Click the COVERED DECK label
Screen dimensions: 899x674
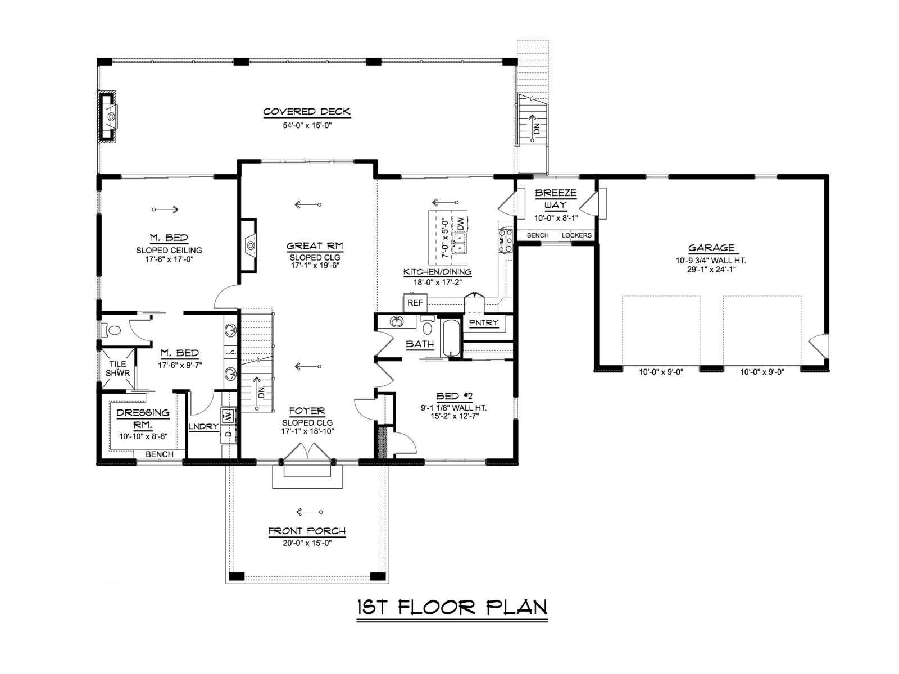pyautogui.click(x=307, y=111)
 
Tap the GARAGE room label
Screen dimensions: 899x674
pyautogui.click(x=711, y=248)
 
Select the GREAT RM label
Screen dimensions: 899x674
pyautogui.click(x=315, y=246)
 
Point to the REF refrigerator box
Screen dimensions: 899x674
pyautogui.click(x=415, y=303)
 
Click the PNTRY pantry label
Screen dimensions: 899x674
pyautogui.click(x=484, y=323)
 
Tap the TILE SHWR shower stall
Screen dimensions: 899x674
pyautogui.click(x=118, y=368)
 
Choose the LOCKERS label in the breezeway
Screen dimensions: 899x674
pyautogui.click(x=576, y=235)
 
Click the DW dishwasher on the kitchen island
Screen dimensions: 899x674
pyautogui.click(x=460, y=224)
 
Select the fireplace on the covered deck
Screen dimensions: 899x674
pyautogui.click(x=107, y=117)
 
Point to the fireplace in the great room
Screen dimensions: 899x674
pyautogui.click(x=248, y=245)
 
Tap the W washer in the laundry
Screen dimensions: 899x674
pyautogui.click(x=228, y=417)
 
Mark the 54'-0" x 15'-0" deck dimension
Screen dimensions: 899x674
pyautogui.click(x=307, y=126)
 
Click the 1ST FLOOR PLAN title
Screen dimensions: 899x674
pyautogui.click(x=452, y=607)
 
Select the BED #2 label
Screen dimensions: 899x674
pyautogui.click(x=454, y=396)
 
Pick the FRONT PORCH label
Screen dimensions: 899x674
pyautogui.click(x=307, y=531)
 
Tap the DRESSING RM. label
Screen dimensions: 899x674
pyautogui.click(x=143, y=418)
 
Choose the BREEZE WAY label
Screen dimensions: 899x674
pyautogui.click(x=555, y=198)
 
